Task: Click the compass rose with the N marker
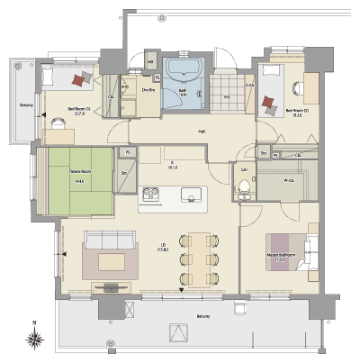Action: [34, 340]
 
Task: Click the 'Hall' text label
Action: [202, 132]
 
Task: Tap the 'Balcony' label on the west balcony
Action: [27, 104]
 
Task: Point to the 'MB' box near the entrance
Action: [150, 62]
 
